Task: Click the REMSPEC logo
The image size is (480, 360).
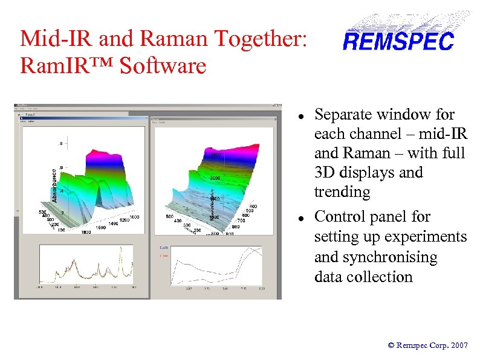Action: [x=398, y=40]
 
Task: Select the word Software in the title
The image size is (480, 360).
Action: [x=163, y=65]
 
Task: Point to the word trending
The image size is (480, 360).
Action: [x=342, y=193]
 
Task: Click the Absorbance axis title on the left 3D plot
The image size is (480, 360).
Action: [x=54, y=185]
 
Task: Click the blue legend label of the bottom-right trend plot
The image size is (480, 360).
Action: [x=164, y=248]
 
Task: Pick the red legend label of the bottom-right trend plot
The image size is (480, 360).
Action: [x=164, y=256]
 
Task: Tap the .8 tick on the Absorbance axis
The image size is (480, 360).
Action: [x=60, y=144]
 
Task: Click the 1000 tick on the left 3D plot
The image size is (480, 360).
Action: [x=134, y=217]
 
